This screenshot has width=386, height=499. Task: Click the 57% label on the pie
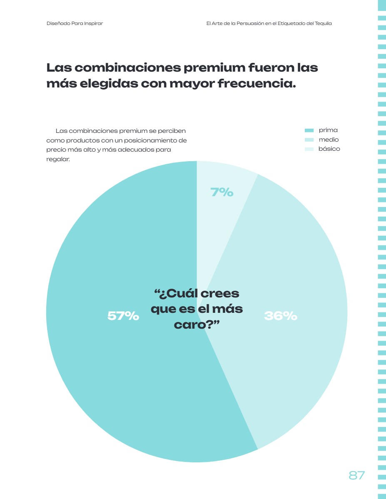point(123,316)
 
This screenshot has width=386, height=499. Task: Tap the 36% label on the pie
point(281,316)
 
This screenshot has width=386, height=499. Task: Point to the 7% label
point(222,192)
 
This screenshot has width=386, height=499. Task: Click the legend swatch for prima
point(309,130)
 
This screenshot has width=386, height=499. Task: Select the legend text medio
point(329,140)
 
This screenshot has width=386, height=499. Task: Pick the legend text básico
point(329,149)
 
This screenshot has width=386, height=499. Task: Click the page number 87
point(356,475)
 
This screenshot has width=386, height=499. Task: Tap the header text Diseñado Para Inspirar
point(75,23)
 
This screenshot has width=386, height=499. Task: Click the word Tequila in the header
point(323,23)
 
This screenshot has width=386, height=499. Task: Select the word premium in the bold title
point(214,68)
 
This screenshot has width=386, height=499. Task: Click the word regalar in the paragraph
point(57,159)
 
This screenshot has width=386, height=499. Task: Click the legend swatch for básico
point(309,149)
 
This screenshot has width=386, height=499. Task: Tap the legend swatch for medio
point(309,140)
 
